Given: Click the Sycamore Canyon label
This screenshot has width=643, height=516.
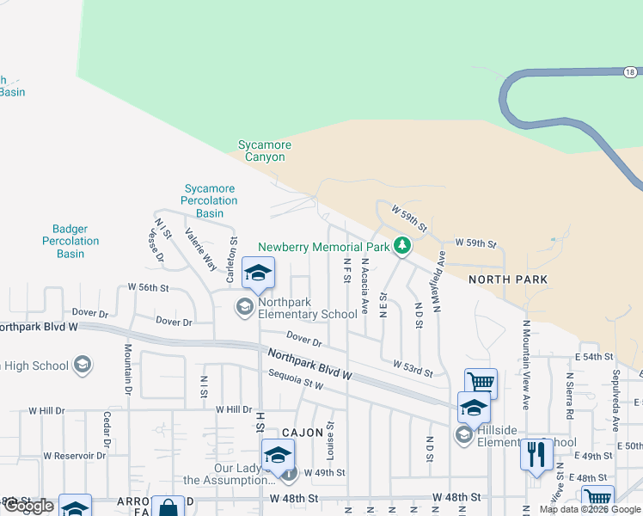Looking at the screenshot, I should click(x=265, y=151).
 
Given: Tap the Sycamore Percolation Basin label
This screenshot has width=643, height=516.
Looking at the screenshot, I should click(x=209, y=200).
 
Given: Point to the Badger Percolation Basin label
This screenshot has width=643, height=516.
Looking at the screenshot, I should click(x=70, y=242).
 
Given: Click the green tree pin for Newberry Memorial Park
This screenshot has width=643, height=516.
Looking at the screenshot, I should click(x=401, y=246).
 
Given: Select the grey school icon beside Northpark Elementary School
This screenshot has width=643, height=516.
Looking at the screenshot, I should click(x=245, y=306).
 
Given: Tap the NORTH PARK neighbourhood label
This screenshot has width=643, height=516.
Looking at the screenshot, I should click(x=507, y=280).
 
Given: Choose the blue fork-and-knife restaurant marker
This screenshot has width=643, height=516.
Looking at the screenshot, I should click(x=536, y=454).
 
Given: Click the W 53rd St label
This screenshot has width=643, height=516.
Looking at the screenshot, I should click(x=413, y=370).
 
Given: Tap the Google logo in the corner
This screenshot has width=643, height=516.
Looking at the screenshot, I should click(x=28, y=506).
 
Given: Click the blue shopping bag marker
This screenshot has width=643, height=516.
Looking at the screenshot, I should click(x=167, y=508).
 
